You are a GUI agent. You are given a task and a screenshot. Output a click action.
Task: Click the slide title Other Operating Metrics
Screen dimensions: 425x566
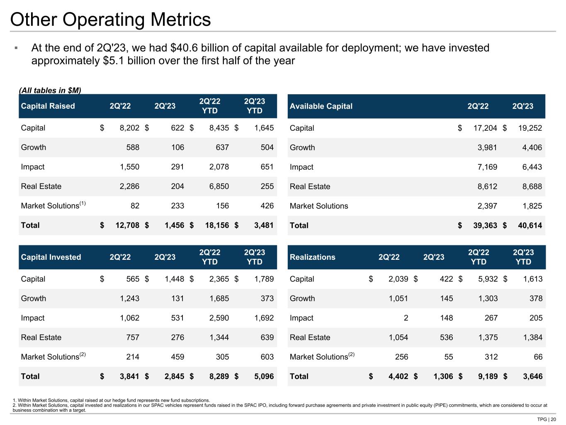(110, 20)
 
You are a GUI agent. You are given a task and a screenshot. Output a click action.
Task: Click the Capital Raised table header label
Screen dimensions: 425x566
(48, 106)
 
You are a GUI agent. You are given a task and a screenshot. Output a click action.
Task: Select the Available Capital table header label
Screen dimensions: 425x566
(321, 106)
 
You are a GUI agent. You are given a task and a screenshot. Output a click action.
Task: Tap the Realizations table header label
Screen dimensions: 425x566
(312, 257)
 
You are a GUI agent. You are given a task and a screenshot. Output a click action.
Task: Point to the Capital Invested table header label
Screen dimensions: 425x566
(51, 257)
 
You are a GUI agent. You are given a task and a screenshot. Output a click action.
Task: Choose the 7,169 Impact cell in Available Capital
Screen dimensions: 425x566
(487, 167)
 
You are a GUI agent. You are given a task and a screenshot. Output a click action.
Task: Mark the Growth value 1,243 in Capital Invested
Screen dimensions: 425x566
(129, 298)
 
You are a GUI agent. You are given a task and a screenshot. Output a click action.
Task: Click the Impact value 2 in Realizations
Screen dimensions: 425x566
(406, 318)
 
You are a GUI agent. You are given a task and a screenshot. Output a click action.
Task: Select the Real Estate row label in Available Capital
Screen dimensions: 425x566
(310, 186)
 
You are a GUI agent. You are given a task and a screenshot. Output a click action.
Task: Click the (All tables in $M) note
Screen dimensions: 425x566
(50, 90)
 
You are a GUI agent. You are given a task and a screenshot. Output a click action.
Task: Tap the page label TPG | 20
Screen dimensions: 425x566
(546, 419)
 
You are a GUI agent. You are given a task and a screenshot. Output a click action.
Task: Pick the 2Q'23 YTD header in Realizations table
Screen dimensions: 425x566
(523, 257)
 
